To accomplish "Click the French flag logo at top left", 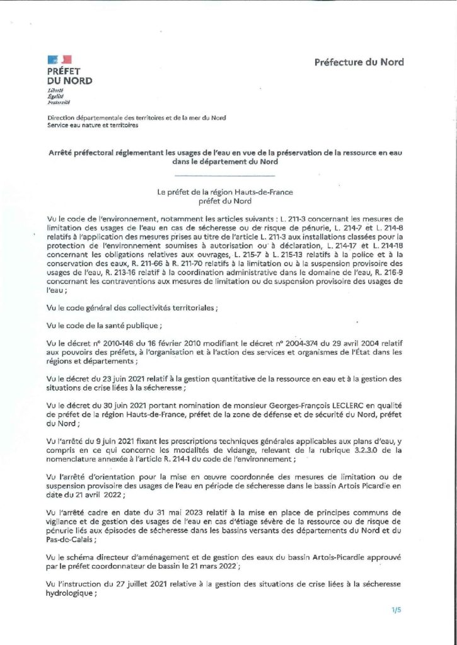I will (56, 59).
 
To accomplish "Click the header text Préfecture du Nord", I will (359, 62).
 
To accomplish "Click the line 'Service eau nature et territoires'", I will (93, 125).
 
